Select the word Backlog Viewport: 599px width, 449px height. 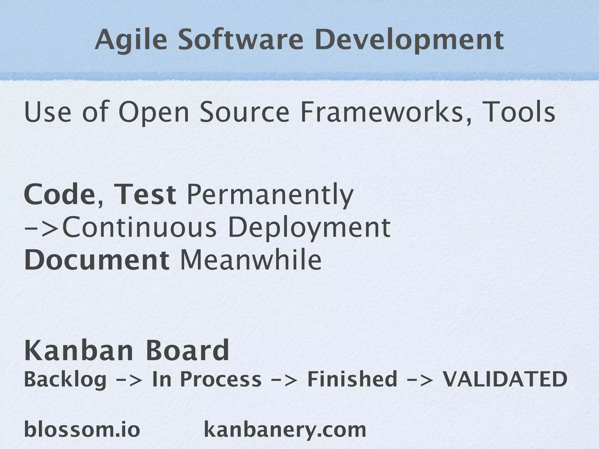pyautogui.click(x=65, y=379)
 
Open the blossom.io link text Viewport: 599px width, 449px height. pyautogui.click(x=82, y=429)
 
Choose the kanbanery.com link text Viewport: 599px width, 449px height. pyautogui.click(x=285, y=429)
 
